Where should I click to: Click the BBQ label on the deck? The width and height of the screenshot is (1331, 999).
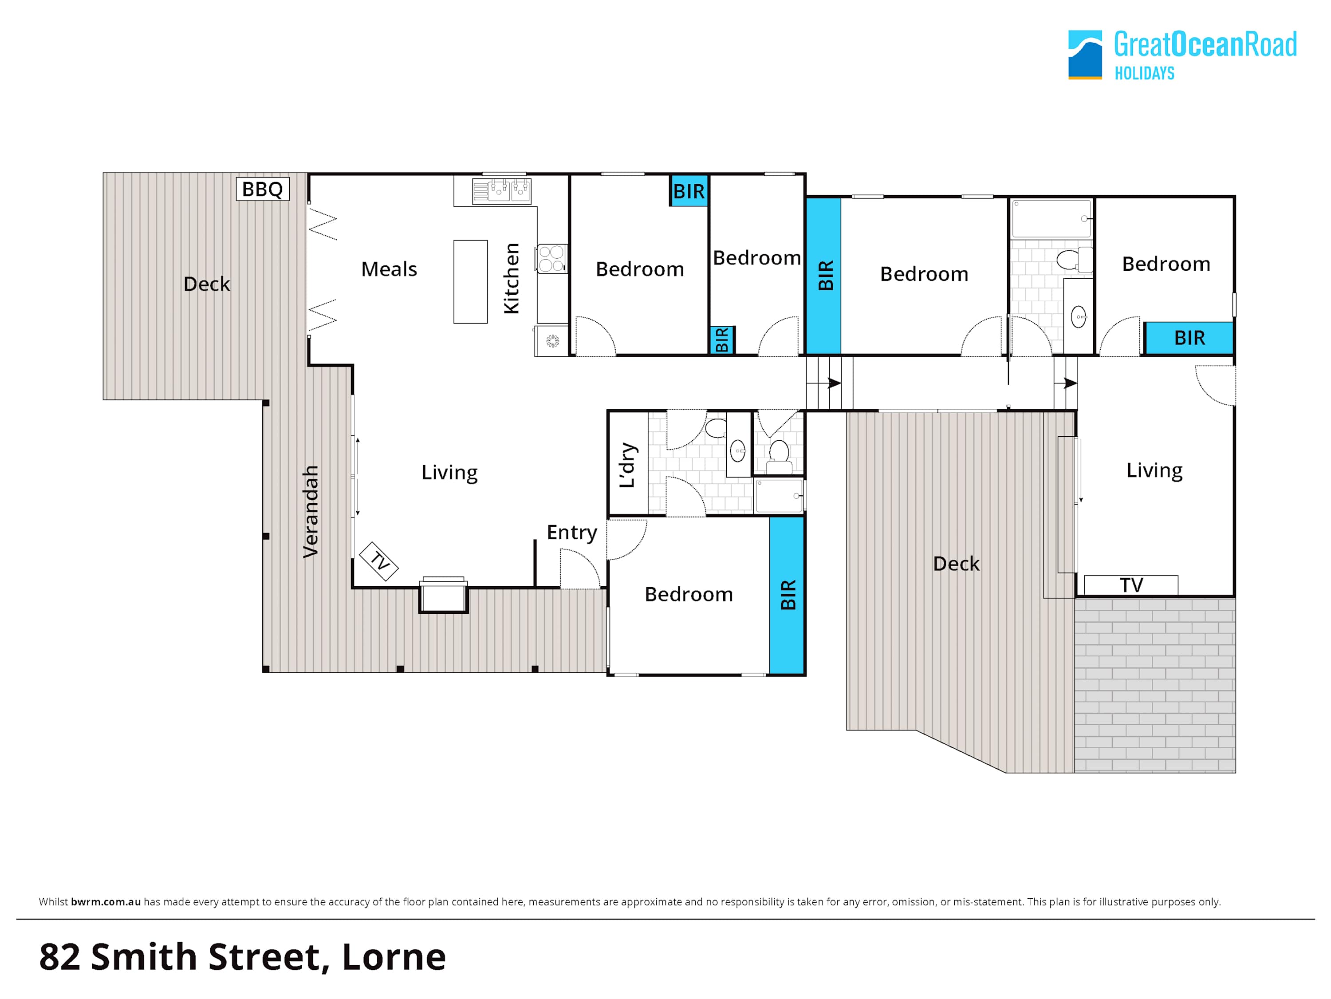click(x=262, y=189)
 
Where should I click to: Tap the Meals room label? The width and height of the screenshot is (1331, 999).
click(x=389, y=269)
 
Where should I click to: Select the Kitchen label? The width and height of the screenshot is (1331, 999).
click(x=511, y=278)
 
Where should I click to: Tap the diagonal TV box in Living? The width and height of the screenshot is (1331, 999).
click(x=378, y=561)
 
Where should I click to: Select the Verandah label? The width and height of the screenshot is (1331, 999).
click(x=310, y=512)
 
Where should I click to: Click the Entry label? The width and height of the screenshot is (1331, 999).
click(x=571, y=533)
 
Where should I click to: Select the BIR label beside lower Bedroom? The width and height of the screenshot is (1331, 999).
click(x=788, y=595)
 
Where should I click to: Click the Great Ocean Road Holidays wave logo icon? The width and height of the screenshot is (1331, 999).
click(x=1085, y=55)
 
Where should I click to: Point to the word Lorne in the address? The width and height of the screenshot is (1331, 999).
click(x=394, y=957)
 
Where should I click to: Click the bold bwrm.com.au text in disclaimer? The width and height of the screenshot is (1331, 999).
click(x=106, y=901)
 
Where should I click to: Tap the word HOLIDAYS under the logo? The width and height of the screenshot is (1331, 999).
click(x=1145, y=73)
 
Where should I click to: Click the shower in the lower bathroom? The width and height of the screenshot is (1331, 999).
click(x=779, y=496)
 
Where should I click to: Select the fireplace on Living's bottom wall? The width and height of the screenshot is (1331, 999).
click(x=444, y=595)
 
